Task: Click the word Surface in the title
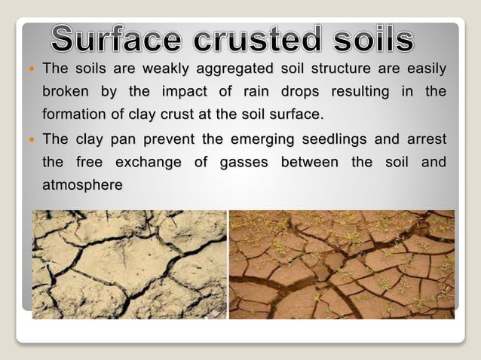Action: (119, 39)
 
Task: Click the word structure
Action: (337, 70)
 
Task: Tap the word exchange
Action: (153, 162)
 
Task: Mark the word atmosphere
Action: (82, 184)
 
